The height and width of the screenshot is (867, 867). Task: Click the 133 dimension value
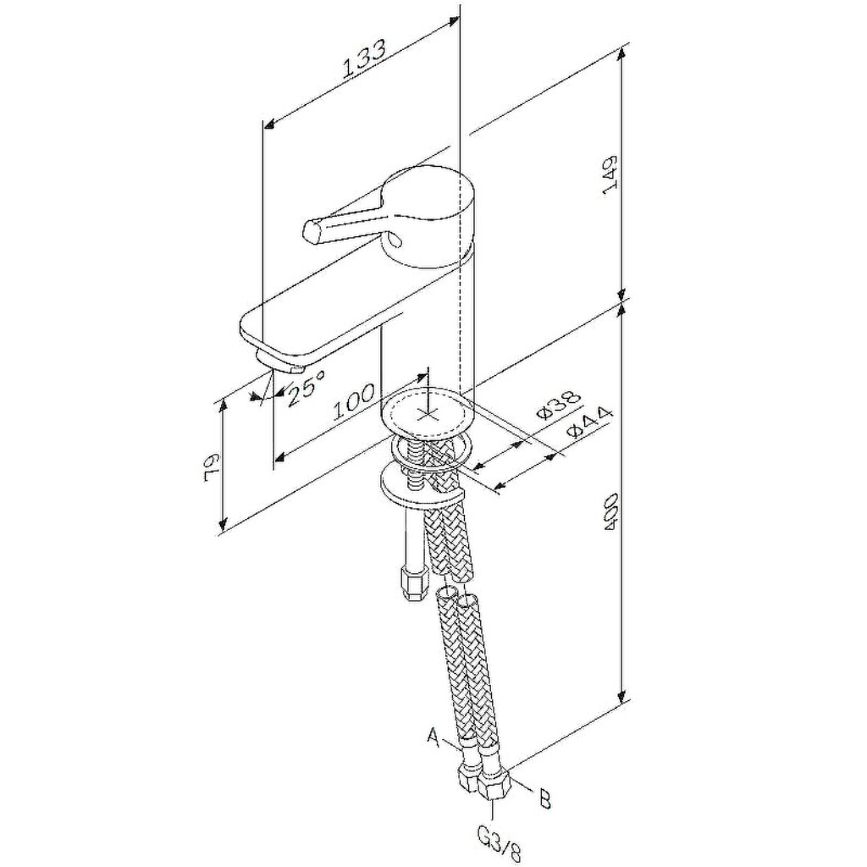click(364, 59)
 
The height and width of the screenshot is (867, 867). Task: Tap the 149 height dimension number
click(610, 174)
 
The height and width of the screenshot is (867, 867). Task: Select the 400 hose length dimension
click(610, 512)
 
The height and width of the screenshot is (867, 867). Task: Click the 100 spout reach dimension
click(355, 402)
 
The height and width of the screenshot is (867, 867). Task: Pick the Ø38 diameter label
click(560, 405)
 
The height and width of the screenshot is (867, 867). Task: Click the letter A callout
click(434, 737)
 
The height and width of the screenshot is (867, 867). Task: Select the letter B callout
click(544, 799)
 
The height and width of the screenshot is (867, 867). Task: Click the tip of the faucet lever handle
click(311, 230)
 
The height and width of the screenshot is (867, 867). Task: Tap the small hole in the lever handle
click(395, 239)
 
